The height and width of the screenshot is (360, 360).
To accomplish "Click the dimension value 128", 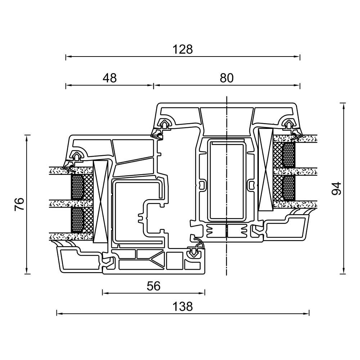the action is click(183, 49).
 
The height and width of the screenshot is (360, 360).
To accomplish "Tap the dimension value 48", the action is click(110, 78).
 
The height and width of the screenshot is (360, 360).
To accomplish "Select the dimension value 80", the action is click(226, 78).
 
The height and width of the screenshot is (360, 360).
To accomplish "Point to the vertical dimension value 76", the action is click(19, 204).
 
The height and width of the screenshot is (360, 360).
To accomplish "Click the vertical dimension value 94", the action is click(337, 189).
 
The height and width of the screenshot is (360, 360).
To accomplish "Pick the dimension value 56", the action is click(154, 286).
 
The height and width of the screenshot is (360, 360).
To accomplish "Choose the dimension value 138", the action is click(183, 306).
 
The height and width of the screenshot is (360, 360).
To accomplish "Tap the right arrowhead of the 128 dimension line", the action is click(297, 56).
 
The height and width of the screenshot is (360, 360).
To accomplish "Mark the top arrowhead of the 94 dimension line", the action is click(343, 106).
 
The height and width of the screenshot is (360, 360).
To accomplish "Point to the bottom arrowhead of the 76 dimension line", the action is click(27, 271).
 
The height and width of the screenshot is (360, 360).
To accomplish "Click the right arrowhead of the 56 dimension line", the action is click(202, 293).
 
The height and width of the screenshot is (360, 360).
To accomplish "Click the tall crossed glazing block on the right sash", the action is click(265, 170).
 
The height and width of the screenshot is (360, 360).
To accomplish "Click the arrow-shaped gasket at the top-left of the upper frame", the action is click(165, 124).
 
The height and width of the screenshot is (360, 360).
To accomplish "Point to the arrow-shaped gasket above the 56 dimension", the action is click(194, 253).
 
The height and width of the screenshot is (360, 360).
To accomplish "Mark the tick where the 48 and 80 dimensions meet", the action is click(153, 86).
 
